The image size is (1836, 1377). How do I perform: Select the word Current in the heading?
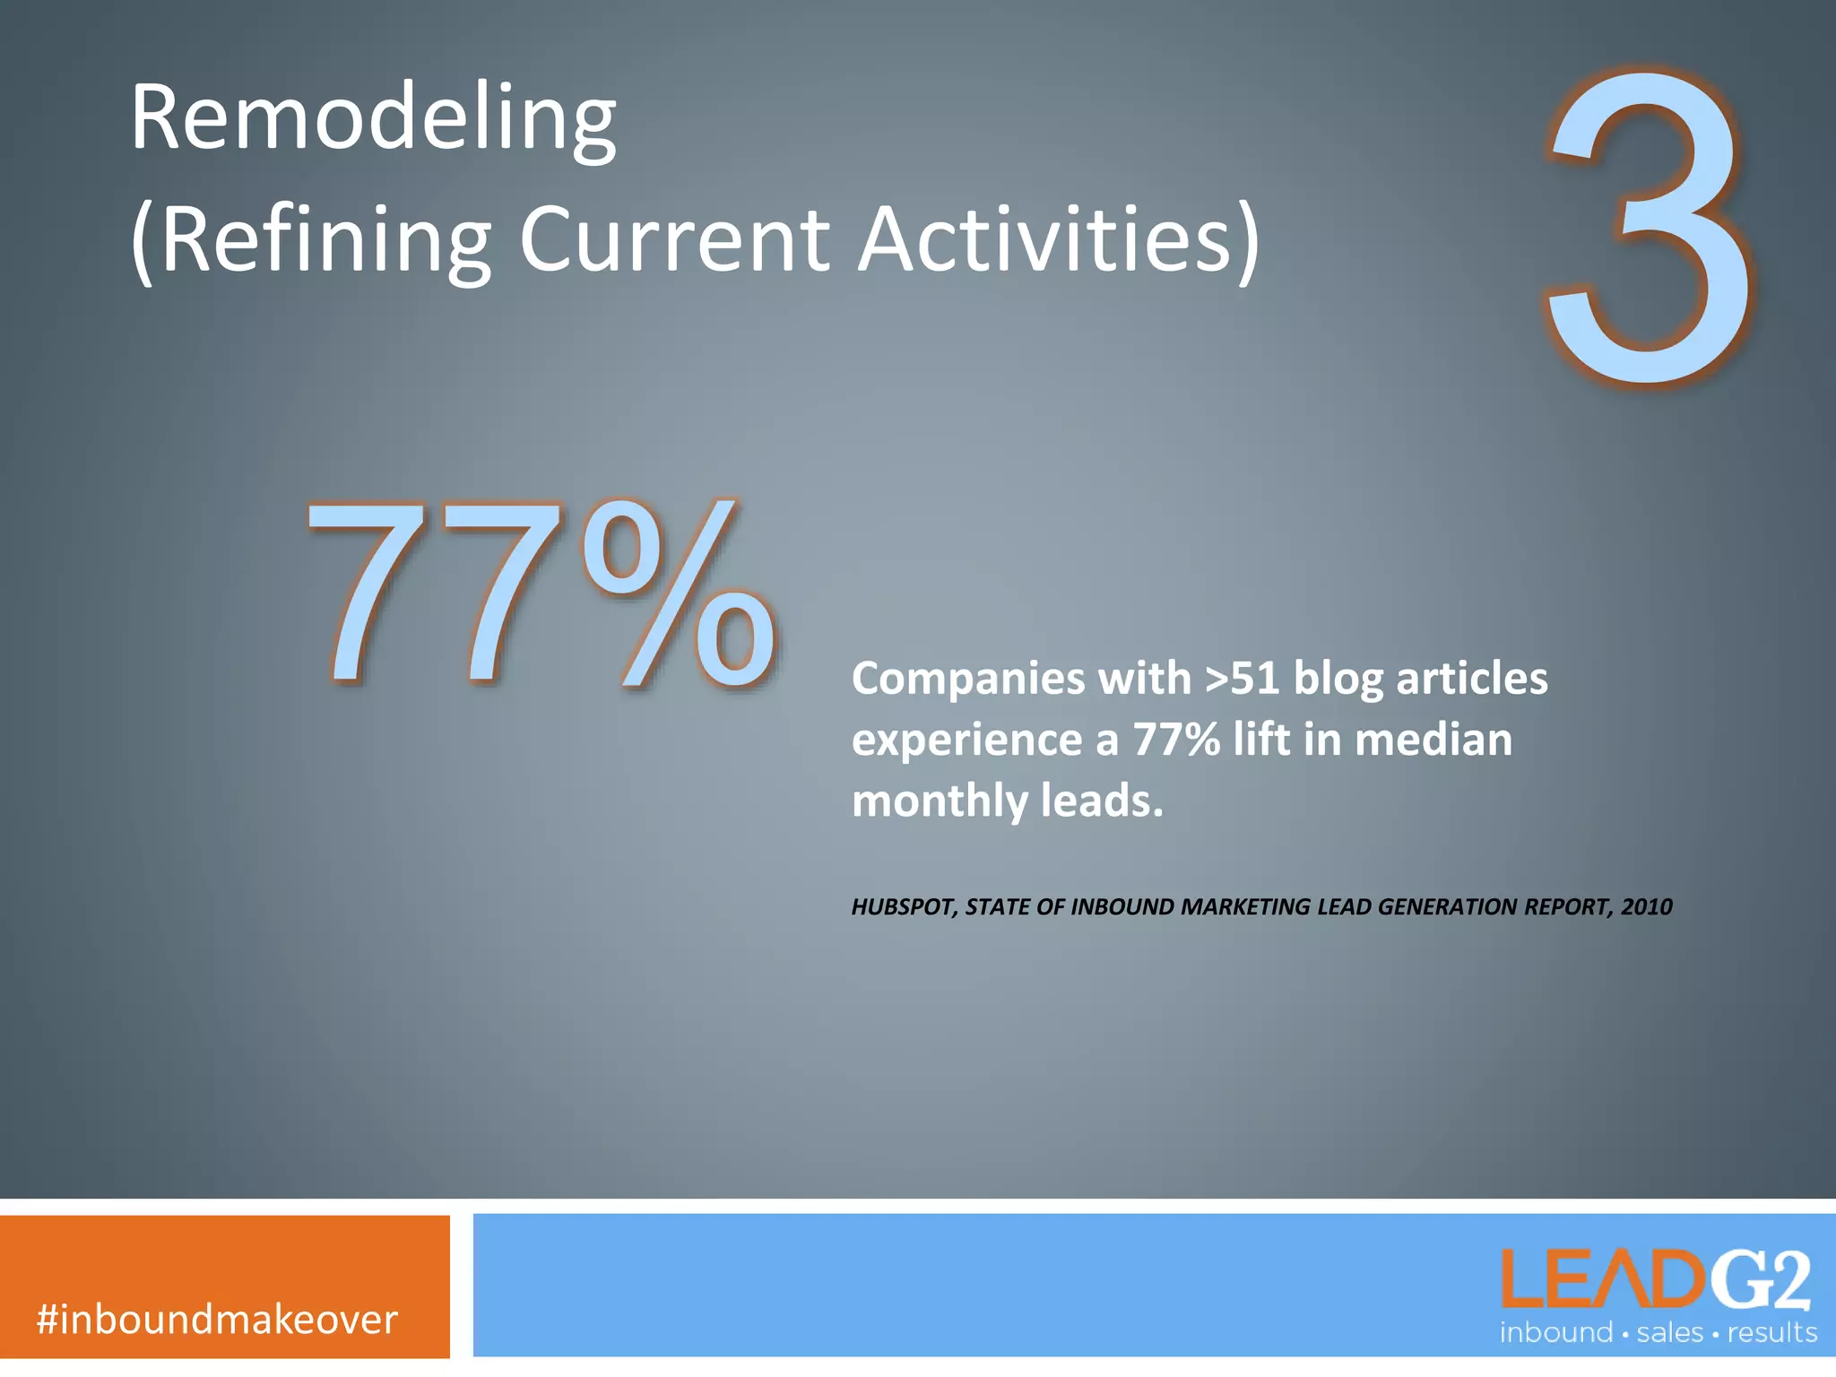point(674,240)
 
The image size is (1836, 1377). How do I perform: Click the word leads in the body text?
point(1101,801)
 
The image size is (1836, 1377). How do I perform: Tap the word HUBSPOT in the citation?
point(903,907)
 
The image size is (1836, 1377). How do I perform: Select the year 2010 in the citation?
point(1647,907)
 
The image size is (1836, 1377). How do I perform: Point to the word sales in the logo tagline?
point(1669,1333)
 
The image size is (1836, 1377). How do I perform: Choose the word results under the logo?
point(1771,1333)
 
